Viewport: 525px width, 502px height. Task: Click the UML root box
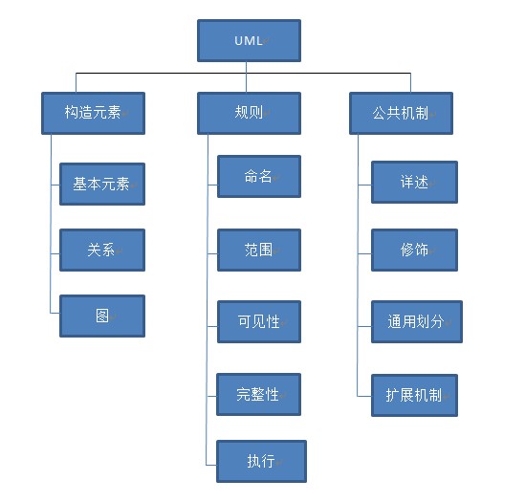tap(249, 40)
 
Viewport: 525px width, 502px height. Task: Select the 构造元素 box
tap(93, 113)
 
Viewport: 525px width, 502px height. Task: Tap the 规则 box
tap(249, 113)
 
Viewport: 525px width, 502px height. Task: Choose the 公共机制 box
tap(401, 113)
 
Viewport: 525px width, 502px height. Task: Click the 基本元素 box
tap(102, 184)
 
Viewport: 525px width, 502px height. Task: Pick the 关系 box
tap(102, 250)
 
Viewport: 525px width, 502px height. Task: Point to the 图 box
tap(102, 316)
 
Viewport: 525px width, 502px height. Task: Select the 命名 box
tap(259, 176)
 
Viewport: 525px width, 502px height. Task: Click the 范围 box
tap(259, 250)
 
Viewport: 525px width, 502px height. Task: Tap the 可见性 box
tap(259, 321)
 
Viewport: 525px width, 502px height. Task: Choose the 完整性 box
tap(258, 394)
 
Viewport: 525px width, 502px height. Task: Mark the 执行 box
tap(261, 461)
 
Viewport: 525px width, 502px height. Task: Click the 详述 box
tap(414, 182)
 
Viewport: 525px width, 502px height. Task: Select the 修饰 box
tap(414, 250)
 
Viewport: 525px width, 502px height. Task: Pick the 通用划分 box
tap(417, 321)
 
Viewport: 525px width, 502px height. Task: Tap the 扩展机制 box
tap(414, 395)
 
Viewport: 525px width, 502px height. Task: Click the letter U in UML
tap(239, 41)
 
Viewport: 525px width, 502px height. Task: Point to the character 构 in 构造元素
tap(72, 112)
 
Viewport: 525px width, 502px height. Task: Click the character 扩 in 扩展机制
tap(392, 395)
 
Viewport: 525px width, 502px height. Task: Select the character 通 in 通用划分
tap(394, 321)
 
